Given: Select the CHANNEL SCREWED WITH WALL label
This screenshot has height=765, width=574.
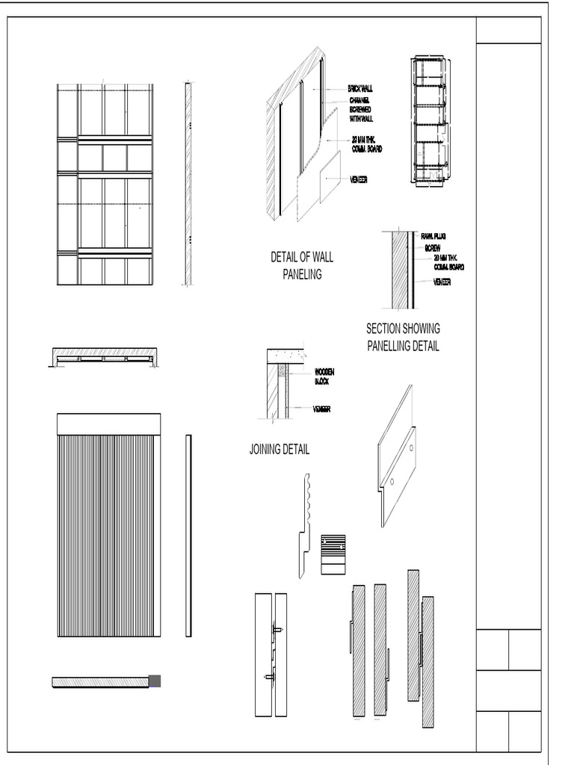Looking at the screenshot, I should (x=361, y=109).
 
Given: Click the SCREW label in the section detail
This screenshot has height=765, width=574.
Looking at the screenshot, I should (x=433, y=247).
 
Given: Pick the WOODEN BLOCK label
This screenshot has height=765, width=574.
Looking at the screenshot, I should (x=324, y=376).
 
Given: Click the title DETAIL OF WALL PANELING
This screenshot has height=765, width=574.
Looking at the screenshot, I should (x=302, y=265).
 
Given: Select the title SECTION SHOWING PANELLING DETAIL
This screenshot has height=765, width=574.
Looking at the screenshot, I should (x=403, y=337).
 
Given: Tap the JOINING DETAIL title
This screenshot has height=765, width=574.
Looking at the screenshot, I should (x=279, y=450).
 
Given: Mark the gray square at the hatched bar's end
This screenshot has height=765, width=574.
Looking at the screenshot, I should (x=155, y=681).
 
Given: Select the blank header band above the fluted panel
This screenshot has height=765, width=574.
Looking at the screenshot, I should (x=108, y=424).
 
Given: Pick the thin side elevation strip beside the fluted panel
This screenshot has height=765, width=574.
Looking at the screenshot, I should (x=188, y=536).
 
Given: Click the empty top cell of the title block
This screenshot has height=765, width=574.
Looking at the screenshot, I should (x=509, y=30).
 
